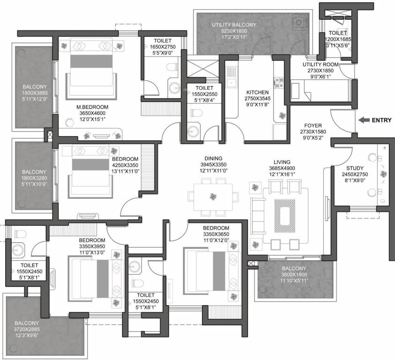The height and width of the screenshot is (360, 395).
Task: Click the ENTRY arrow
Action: tap(362, 120)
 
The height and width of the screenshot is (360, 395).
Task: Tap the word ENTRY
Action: tap(381, 120)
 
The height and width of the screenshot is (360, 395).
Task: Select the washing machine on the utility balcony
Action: tap(299, 22)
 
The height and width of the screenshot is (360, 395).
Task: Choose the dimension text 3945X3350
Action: tap(213, 165)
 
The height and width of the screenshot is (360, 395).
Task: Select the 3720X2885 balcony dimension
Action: tap(26, 330)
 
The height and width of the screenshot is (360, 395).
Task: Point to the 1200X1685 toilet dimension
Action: tap(339, 39)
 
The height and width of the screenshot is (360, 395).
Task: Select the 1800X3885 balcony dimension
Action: tap(34, 93)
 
